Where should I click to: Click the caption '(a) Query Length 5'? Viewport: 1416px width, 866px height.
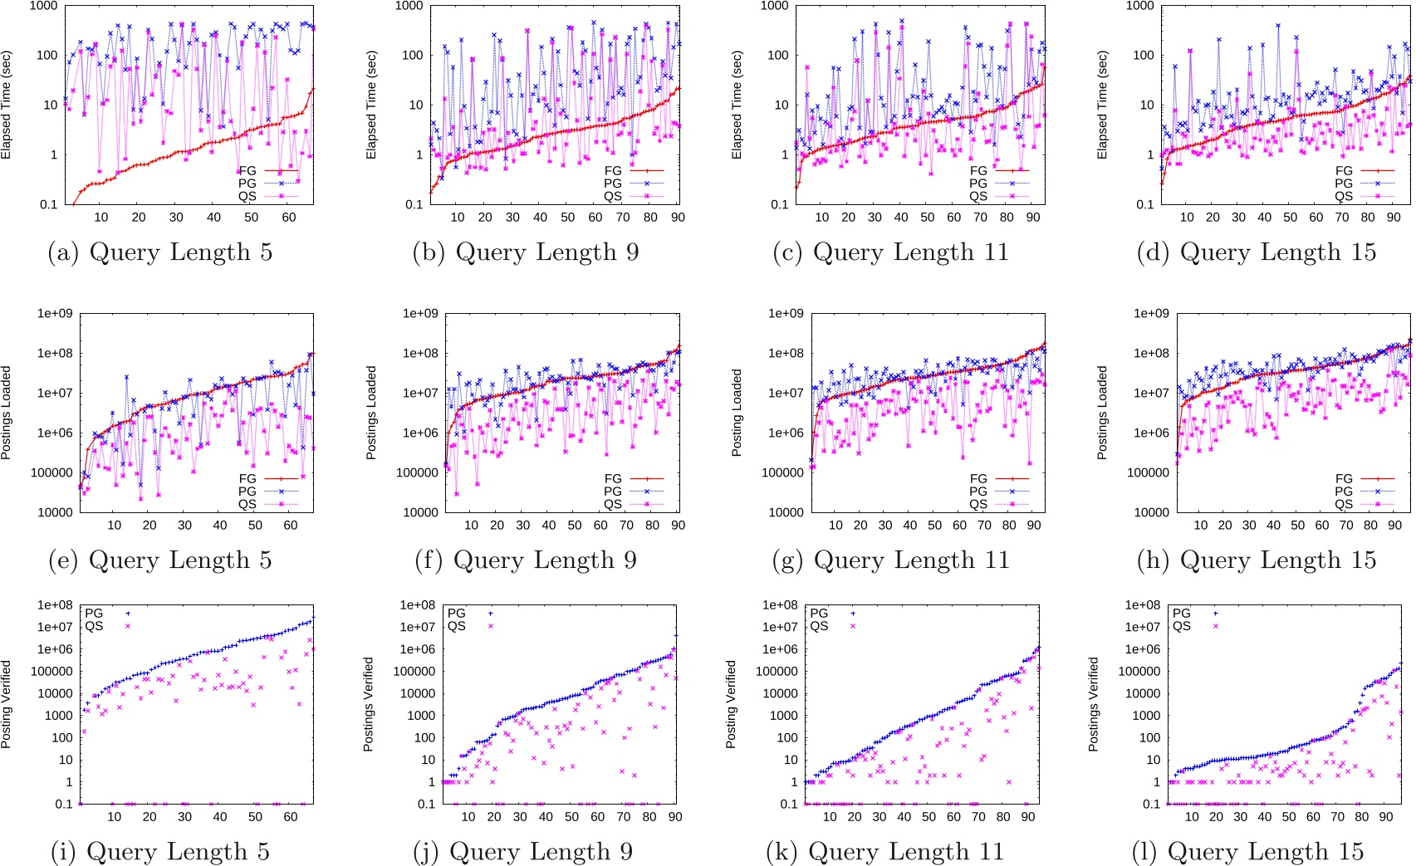160,252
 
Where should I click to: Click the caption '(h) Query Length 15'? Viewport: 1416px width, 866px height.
1257,560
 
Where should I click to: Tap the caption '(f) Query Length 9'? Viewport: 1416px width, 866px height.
525,560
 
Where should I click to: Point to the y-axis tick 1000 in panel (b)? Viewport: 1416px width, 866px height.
408,6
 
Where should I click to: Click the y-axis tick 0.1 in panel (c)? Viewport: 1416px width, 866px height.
779,204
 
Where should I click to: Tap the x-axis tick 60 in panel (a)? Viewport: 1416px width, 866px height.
289,218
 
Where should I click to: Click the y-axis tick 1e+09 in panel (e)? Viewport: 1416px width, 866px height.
55,314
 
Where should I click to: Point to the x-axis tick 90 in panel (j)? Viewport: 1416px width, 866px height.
675,817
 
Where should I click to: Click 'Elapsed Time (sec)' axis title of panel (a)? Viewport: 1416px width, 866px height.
7,105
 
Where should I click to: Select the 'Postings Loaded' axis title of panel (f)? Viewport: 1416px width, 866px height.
371,413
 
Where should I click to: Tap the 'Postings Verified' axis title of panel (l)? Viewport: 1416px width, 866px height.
1093,704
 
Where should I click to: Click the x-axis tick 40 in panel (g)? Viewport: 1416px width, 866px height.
910,526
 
